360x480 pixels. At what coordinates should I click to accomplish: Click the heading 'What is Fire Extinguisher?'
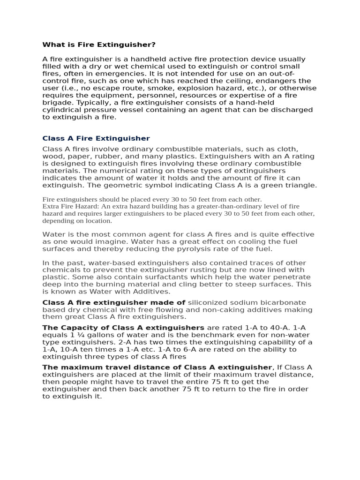click(99, 45)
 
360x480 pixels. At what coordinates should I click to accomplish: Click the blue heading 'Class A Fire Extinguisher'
click(96, 138)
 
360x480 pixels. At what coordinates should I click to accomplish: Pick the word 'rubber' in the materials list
click(121, 156)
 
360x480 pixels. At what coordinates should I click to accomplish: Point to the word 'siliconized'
click(210, 302)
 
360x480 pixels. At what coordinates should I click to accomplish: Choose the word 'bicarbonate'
click(283, 302)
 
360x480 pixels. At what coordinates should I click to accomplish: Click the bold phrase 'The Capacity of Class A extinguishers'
click(123, 328)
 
